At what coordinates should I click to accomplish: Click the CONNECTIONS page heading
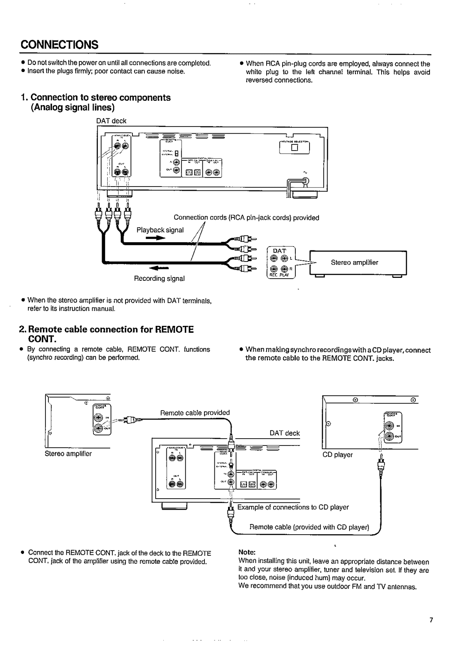[x=60, y=45]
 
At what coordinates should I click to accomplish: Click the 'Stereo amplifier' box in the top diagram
[x=354, y=262]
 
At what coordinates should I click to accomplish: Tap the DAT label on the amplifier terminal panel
[x=280, y=250]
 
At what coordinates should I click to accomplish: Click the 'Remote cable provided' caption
[x=195, y=412]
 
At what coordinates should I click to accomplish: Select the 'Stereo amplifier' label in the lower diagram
[x=69, y=453]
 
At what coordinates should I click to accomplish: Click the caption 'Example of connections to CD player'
[x=293, y=507]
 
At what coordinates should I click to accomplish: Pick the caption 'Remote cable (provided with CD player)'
[x=309, y=527]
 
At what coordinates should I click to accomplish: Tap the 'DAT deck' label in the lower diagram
[x=285, y=433]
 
